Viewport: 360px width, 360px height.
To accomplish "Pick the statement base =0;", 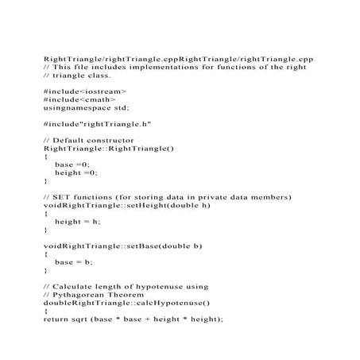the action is (x=72, y=165).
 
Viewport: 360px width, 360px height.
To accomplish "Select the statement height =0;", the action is (x=76, y=172).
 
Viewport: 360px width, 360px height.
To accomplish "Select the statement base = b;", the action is (x=74, y=261).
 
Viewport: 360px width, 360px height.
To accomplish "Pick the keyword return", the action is (x=55, y=319).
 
